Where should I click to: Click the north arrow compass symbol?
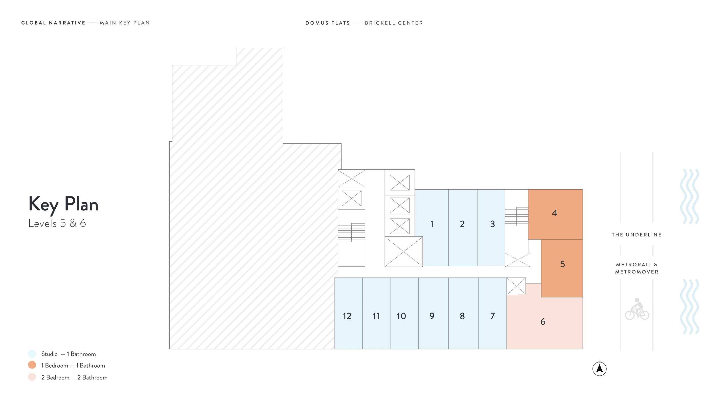pos(599,368)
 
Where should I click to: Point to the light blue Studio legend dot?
pos(32,354)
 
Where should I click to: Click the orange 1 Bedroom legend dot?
pos(32,365)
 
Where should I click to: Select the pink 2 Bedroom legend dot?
pos(32,377)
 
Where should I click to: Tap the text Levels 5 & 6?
pos(57,223)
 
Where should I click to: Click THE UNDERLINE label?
pos(637,235)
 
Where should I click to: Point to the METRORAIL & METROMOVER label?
pos(637,268)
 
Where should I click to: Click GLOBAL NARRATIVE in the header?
pos(53,23)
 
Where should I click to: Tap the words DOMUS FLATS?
pos(328,23)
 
